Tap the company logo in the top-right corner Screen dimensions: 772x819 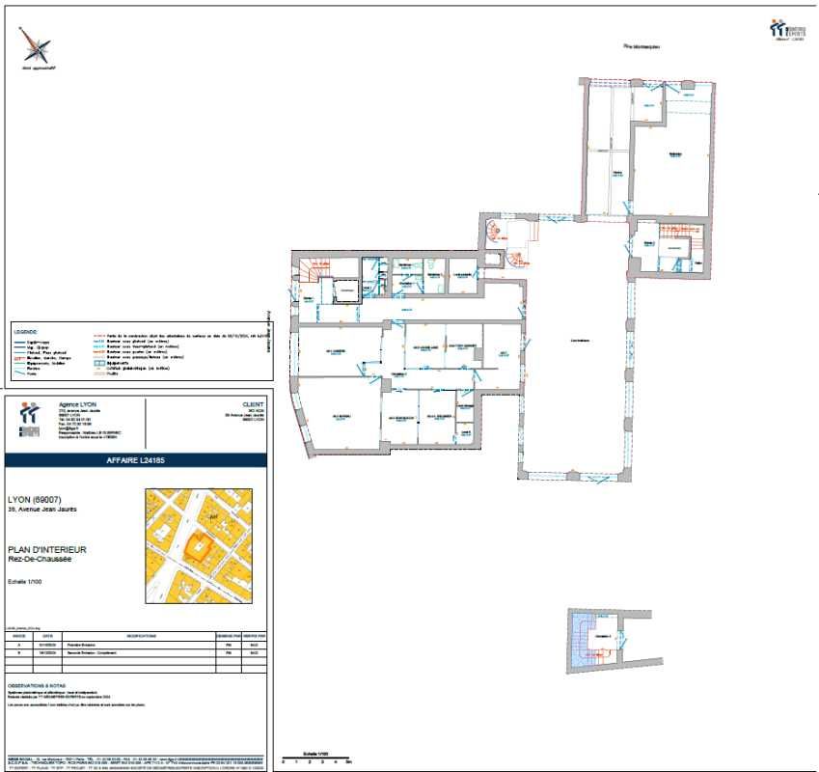click(786, 30)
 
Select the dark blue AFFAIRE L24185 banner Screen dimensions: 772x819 click(136, 461)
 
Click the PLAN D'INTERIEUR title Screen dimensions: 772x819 click(47, 548)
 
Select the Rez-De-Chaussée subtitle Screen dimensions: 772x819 click(41, 559)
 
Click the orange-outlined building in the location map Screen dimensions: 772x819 click(200, 547)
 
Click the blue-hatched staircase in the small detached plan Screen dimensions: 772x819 click(582, 640)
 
